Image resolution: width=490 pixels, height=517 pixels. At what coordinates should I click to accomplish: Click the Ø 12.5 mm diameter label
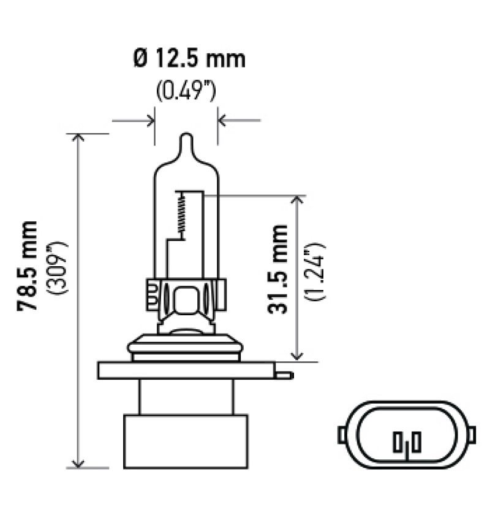pos(188,59)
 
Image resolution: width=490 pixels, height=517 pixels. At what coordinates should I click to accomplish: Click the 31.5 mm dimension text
pos(277,269)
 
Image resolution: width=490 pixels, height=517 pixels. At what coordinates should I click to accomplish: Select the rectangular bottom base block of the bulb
pos(186,442)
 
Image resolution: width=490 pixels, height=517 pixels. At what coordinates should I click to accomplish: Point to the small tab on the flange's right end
pos(284,373)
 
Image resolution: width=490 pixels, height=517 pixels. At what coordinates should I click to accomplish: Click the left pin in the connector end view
pos(399,441)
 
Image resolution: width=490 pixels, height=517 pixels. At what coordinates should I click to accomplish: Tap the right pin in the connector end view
pos(416,441)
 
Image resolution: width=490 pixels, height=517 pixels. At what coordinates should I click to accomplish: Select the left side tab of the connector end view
pos(341,434)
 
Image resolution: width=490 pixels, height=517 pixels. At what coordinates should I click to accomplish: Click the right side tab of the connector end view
pos(472,434)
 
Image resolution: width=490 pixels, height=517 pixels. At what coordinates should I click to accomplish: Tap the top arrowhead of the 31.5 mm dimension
pos(298,202)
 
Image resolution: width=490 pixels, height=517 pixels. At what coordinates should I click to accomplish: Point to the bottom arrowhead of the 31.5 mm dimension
pos(298,355)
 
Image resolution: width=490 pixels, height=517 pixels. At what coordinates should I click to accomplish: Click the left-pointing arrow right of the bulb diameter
pos(224,120)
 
